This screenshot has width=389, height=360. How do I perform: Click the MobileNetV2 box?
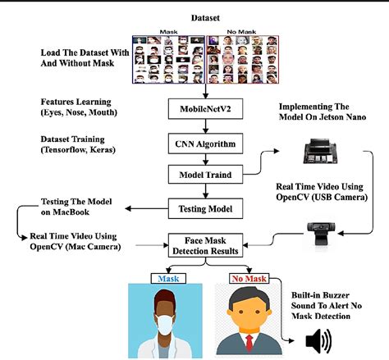click(204, 109)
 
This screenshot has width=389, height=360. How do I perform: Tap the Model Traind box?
click(204, 174)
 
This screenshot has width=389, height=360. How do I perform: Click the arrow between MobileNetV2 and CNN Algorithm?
click(204, 125)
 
